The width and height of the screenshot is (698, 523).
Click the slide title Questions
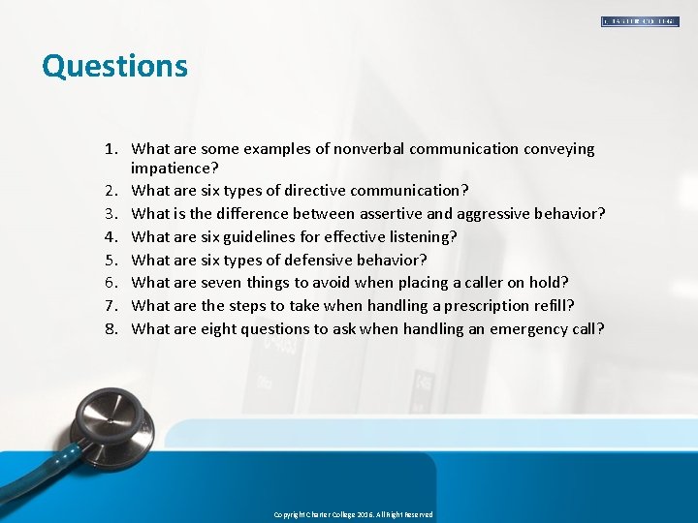pyautogui.click(x=114, y=66)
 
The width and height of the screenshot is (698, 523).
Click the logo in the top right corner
pyautogui.click(x=639, y=21)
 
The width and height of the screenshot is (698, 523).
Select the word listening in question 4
pyautogui.click(x=419, y=237)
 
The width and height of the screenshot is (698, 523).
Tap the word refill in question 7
pyautogui.click(x=553, y=306)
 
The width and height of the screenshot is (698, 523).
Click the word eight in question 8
pyautogui.click(x=218, y=329)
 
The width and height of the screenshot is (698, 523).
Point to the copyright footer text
pyautogui.click(x=353, y=514)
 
